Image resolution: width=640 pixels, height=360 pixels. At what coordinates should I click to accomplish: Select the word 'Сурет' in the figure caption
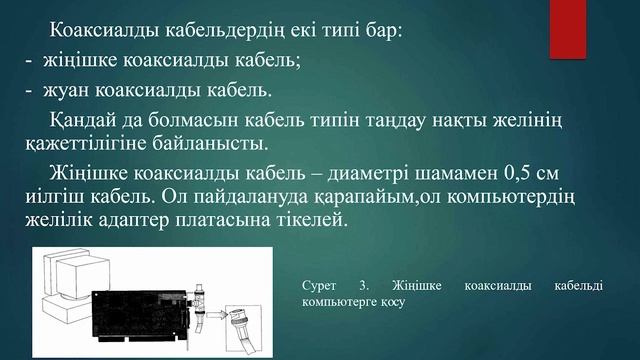[318, 286]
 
